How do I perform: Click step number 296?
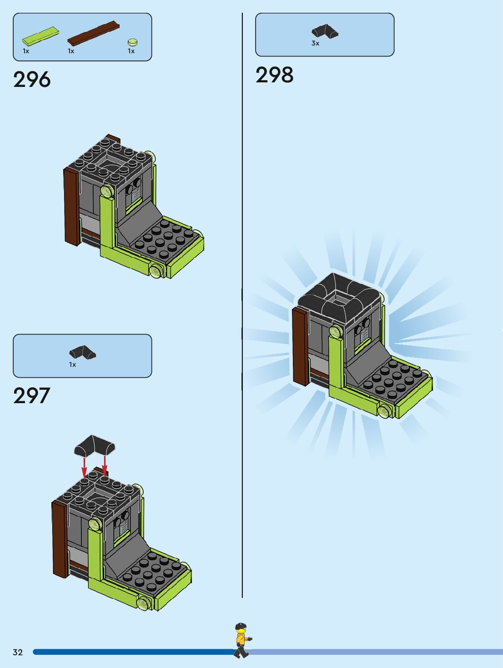point(32,80)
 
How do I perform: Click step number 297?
point(31,396)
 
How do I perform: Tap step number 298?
point(274,75)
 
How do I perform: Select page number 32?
point(18,652)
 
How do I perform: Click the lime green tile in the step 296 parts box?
point(41,35)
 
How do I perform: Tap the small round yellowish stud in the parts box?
point(132,42)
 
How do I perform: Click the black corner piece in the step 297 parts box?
point(82,353)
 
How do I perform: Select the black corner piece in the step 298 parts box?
point(325,31)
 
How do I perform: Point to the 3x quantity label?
point(315,43)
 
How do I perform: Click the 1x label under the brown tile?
point(71,51)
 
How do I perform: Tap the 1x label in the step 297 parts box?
point(72,364)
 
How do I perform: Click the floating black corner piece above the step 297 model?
point(95,445)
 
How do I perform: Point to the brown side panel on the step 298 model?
point(300,346)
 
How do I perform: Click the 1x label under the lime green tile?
point(26,51)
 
